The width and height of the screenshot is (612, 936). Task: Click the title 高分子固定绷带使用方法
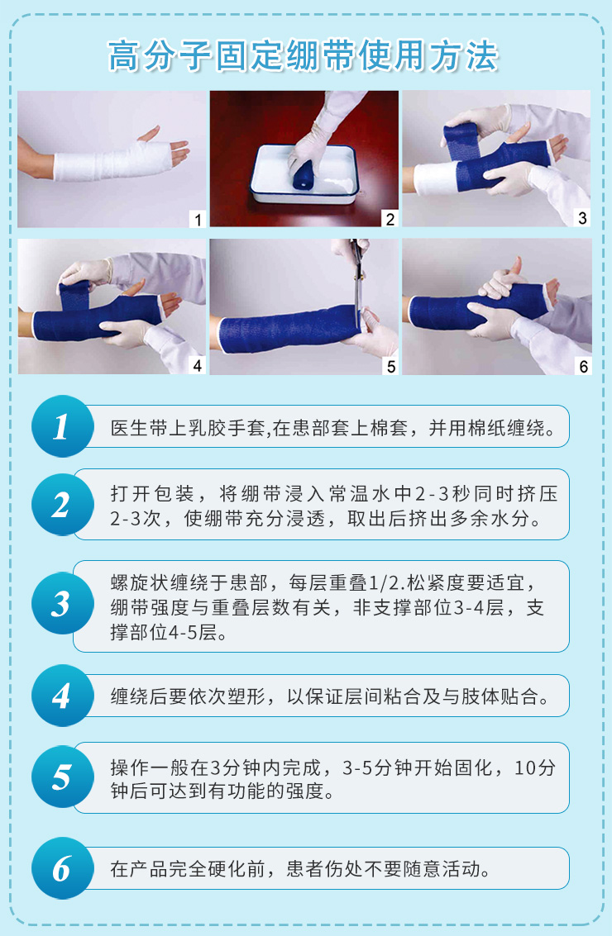303,56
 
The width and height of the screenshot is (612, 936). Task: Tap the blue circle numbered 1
62,426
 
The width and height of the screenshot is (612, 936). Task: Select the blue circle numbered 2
62,505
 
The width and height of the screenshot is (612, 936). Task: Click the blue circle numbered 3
62,603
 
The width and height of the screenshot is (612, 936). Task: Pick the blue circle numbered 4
62,696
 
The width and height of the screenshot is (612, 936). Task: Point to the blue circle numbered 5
62,777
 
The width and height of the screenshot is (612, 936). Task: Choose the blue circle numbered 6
62,868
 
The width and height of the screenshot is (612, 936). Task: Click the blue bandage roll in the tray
303,176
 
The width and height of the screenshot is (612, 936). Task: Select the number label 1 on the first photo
198,219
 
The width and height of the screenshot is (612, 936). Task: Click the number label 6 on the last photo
583,366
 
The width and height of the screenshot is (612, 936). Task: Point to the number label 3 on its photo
583,218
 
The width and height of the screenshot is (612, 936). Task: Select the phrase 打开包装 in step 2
152,494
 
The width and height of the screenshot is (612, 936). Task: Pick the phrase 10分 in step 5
535,767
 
